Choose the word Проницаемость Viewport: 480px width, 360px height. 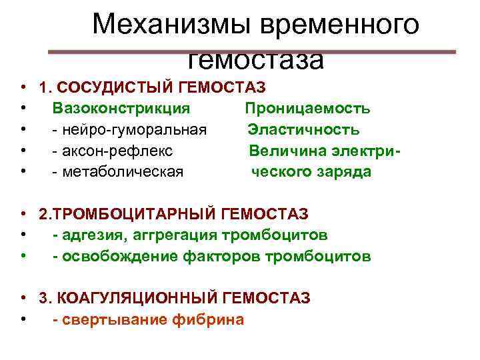pyautogui.click(x=308, y=109)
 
